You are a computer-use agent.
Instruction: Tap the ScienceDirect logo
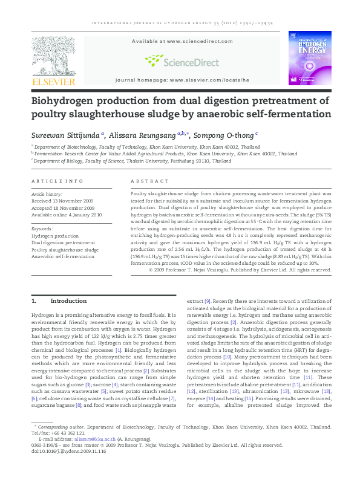tap(182, 60)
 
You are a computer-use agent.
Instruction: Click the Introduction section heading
tap(68, 300)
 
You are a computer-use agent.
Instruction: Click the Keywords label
tap(42, 229)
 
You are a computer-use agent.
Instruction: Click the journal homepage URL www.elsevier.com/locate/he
tap(209, 80)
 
